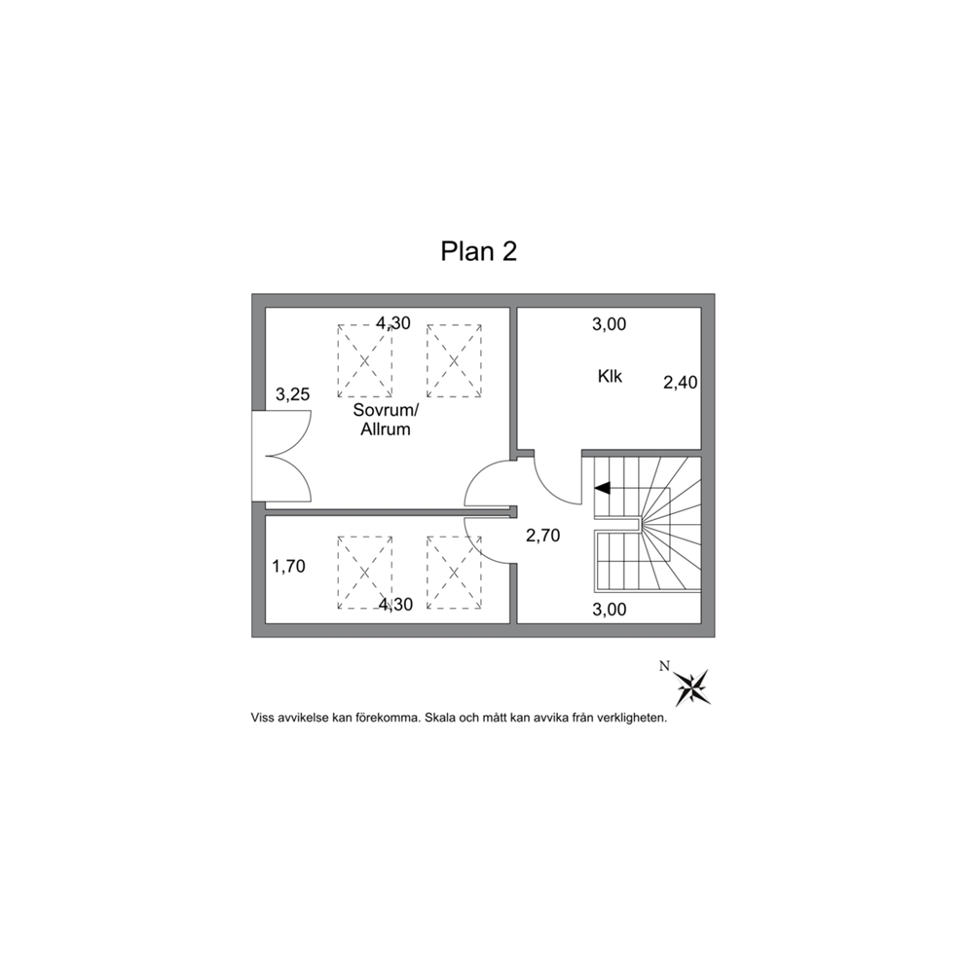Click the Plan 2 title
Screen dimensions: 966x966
(x=479, y=251)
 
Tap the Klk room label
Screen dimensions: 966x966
(x=610, y=376)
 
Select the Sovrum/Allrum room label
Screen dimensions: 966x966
(x=386, y=420)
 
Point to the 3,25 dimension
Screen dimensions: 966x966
(x=293, y=394)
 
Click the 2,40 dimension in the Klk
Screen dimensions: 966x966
(x=680, y=383)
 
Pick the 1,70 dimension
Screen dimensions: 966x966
(x=289, y=566)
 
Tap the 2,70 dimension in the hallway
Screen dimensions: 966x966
(x=542, y=536)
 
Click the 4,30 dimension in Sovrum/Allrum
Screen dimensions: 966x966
(x=393, y=323)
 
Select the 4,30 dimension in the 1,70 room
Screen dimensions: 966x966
(x=395, y=605)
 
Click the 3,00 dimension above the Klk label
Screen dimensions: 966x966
(x=610, y=324)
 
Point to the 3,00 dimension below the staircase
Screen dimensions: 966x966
(x=610, y=610)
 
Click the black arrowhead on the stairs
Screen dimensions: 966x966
(x=602, y=488)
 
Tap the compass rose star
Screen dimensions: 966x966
(x=692, y=687)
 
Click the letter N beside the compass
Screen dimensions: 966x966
(x=664, y=666)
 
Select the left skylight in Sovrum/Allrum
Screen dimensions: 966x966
(x=365, y=361)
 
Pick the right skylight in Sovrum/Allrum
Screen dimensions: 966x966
(x=454, y=361)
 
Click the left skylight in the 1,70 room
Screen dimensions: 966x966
(x=365, y=573)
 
